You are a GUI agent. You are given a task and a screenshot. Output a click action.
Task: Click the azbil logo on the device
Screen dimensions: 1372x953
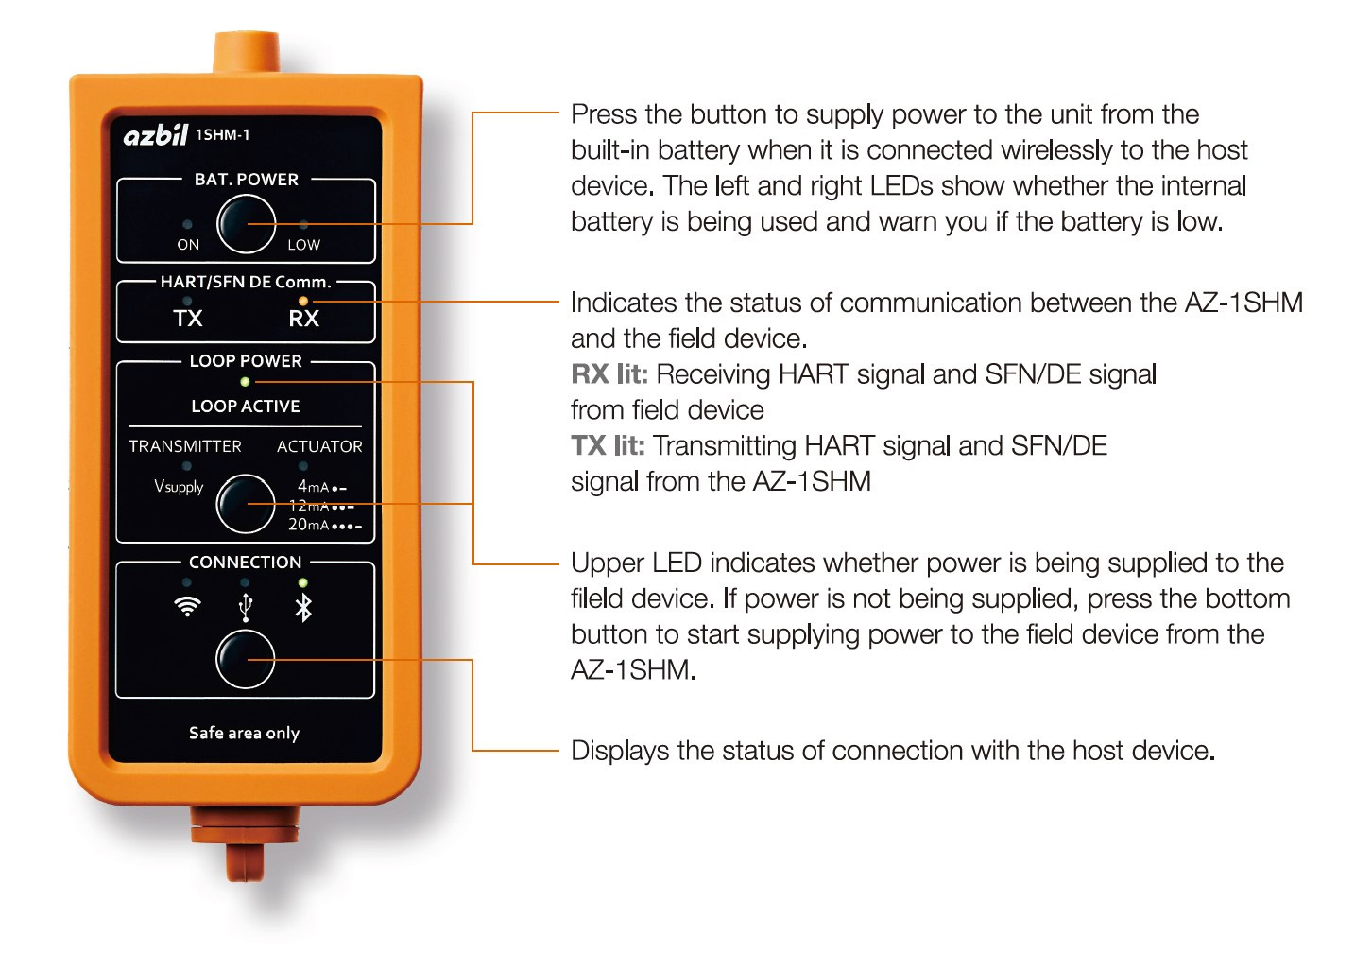coord(156,135)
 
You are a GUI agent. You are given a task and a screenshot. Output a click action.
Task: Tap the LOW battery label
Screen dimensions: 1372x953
coord(304,245)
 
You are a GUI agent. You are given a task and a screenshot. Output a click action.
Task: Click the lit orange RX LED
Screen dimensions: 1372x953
coord(303,301)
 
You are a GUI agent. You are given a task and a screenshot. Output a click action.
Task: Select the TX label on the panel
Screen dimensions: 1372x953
coord(187,319)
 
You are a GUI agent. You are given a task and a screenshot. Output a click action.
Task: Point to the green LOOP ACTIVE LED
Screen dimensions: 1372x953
coord(245,382)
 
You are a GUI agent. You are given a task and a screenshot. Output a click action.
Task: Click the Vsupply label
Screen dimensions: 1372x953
coord(179,487)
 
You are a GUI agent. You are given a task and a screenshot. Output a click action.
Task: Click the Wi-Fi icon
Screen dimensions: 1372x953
coord(187,607)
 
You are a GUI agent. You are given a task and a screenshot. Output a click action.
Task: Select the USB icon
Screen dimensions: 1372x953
coord(245,608)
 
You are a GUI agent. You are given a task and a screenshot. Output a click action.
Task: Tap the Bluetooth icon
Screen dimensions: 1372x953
coord(304,608)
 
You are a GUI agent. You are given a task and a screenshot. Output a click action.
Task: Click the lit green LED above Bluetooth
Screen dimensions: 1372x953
coord(302,582)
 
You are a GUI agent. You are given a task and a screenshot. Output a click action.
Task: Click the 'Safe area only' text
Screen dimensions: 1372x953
coord(244,733)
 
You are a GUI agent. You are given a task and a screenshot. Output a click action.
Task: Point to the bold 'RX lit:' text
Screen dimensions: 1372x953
coord(609,374)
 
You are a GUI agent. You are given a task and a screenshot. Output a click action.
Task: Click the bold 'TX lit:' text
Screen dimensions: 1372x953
coord(608,446)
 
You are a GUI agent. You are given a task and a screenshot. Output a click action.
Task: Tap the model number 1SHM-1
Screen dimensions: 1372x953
coord(222,135)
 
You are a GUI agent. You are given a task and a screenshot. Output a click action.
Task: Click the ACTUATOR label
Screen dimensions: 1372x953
coord(319,446)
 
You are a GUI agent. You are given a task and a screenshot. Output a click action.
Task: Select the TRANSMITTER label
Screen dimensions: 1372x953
coord(185,446)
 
